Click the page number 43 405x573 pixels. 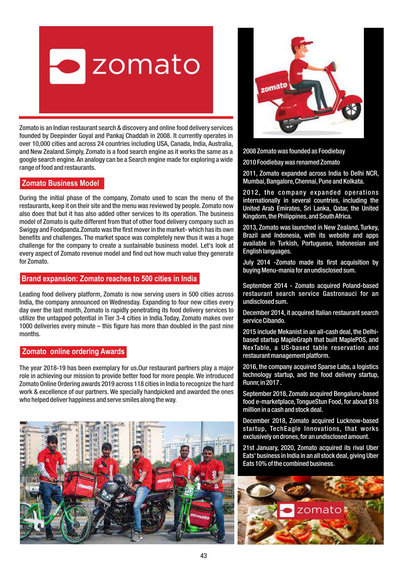pos(204,556)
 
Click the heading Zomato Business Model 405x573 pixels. pos(60,183)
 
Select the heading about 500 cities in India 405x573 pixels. pos(109,279)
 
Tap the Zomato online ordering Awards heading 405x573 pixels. pos(73,352)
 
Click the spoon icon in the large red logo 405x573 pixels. pos(68,66)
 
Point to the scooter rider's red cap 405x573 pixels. pos(301,42)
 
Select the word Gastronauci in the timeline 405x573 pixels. pos(339,294)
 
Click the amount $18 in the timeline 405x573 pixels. pos(373,402)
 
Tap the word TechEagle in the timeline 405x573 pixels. pos(285,429)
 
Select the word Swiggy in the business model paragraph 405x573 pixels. pos(28,230)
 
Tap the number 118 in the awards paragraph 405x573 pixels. pos(139,384)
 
